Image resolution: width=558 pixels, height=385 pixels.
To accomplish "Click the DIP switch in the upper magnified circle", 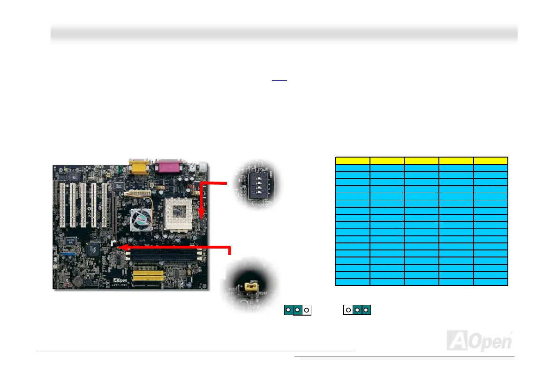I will (256, 184).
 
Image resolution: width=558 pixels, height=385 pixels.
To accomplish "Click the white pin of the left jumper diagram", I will (306, 310).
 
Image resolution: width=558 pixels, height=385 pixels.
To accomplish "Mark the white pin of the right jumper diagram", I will (348, 310).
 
